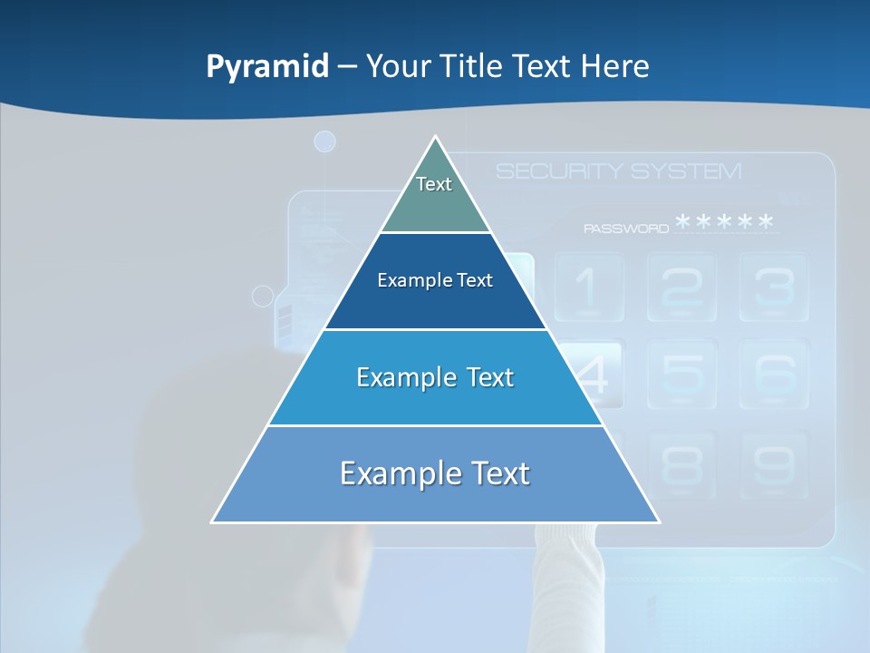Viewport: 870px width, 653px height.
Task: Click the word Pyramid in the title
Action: tap(267, 67)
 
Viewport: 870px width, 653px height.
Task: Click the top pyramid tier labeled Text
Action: tap(434, 195)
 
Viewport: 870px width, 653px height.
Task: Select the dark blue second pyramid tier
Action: tap(435, 281)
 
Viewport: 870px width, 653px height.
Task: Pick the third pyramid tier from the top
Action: tap(435, 377)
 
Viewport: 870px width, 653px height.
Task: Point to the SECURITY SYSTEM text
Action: tap(618, 171)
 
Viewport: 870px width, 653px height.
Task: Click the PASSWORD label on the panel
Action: tap(626, 229)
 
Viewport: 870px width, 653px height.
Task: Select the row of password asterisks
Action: tap(725, 223)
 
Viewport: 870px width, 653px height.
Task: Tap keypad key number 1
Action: tap(588, 287)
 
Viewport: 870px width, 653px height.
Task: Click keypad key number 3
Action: tap(774, 287)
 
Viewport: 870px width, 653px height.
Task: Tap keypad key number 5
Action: tap(681, 374)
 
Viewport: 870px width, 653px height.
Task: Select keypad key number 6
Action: tap(774, 374)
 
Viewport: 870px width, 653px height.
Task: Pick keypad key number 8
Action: tap(681, 466)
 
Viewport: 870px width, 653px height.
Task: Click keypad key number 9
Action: tap(774, 466)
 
